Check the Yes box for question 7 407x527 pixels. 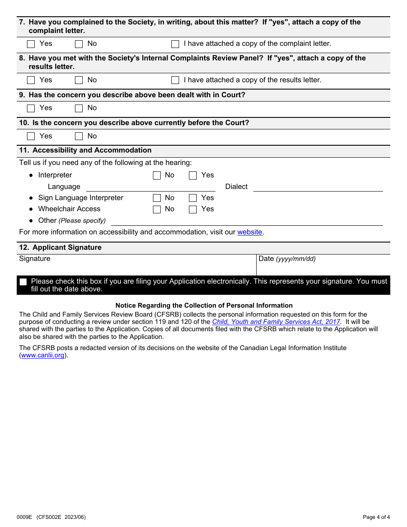click(31, 44)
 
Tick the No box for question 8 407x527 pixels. click(79, 80)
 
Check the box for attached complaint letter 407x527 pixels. click(175, 44)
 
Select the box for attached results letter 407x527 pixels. click(175, 80)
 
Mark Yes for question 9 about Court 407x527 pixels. click(31, 108)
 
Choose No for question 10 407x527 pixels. click(79, 136)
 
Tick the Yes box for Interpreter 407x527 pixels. click(193, 175)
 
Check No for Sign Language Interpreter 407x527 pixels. click(157, 198)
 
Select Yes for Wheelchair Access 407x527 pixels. click(193, 209)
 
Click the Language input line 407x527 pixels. click(150, 187)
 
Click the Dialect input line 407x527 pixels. click(317, 187)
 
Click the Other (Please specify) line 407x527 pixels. click(246, 221)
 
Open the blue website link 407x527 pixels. click(250, 232)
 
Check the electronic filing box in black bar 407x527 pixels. click(23, 282)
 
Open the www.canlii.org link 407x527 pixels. click(43, 356)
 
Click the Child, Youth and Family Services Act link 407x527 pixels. click(276, 322)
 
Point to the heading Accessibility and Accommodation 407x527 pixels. click(92, 150)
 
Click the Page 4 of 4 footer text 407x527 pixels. click(376, 517)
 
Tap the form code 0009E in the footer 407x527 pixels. click(24, 517)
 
